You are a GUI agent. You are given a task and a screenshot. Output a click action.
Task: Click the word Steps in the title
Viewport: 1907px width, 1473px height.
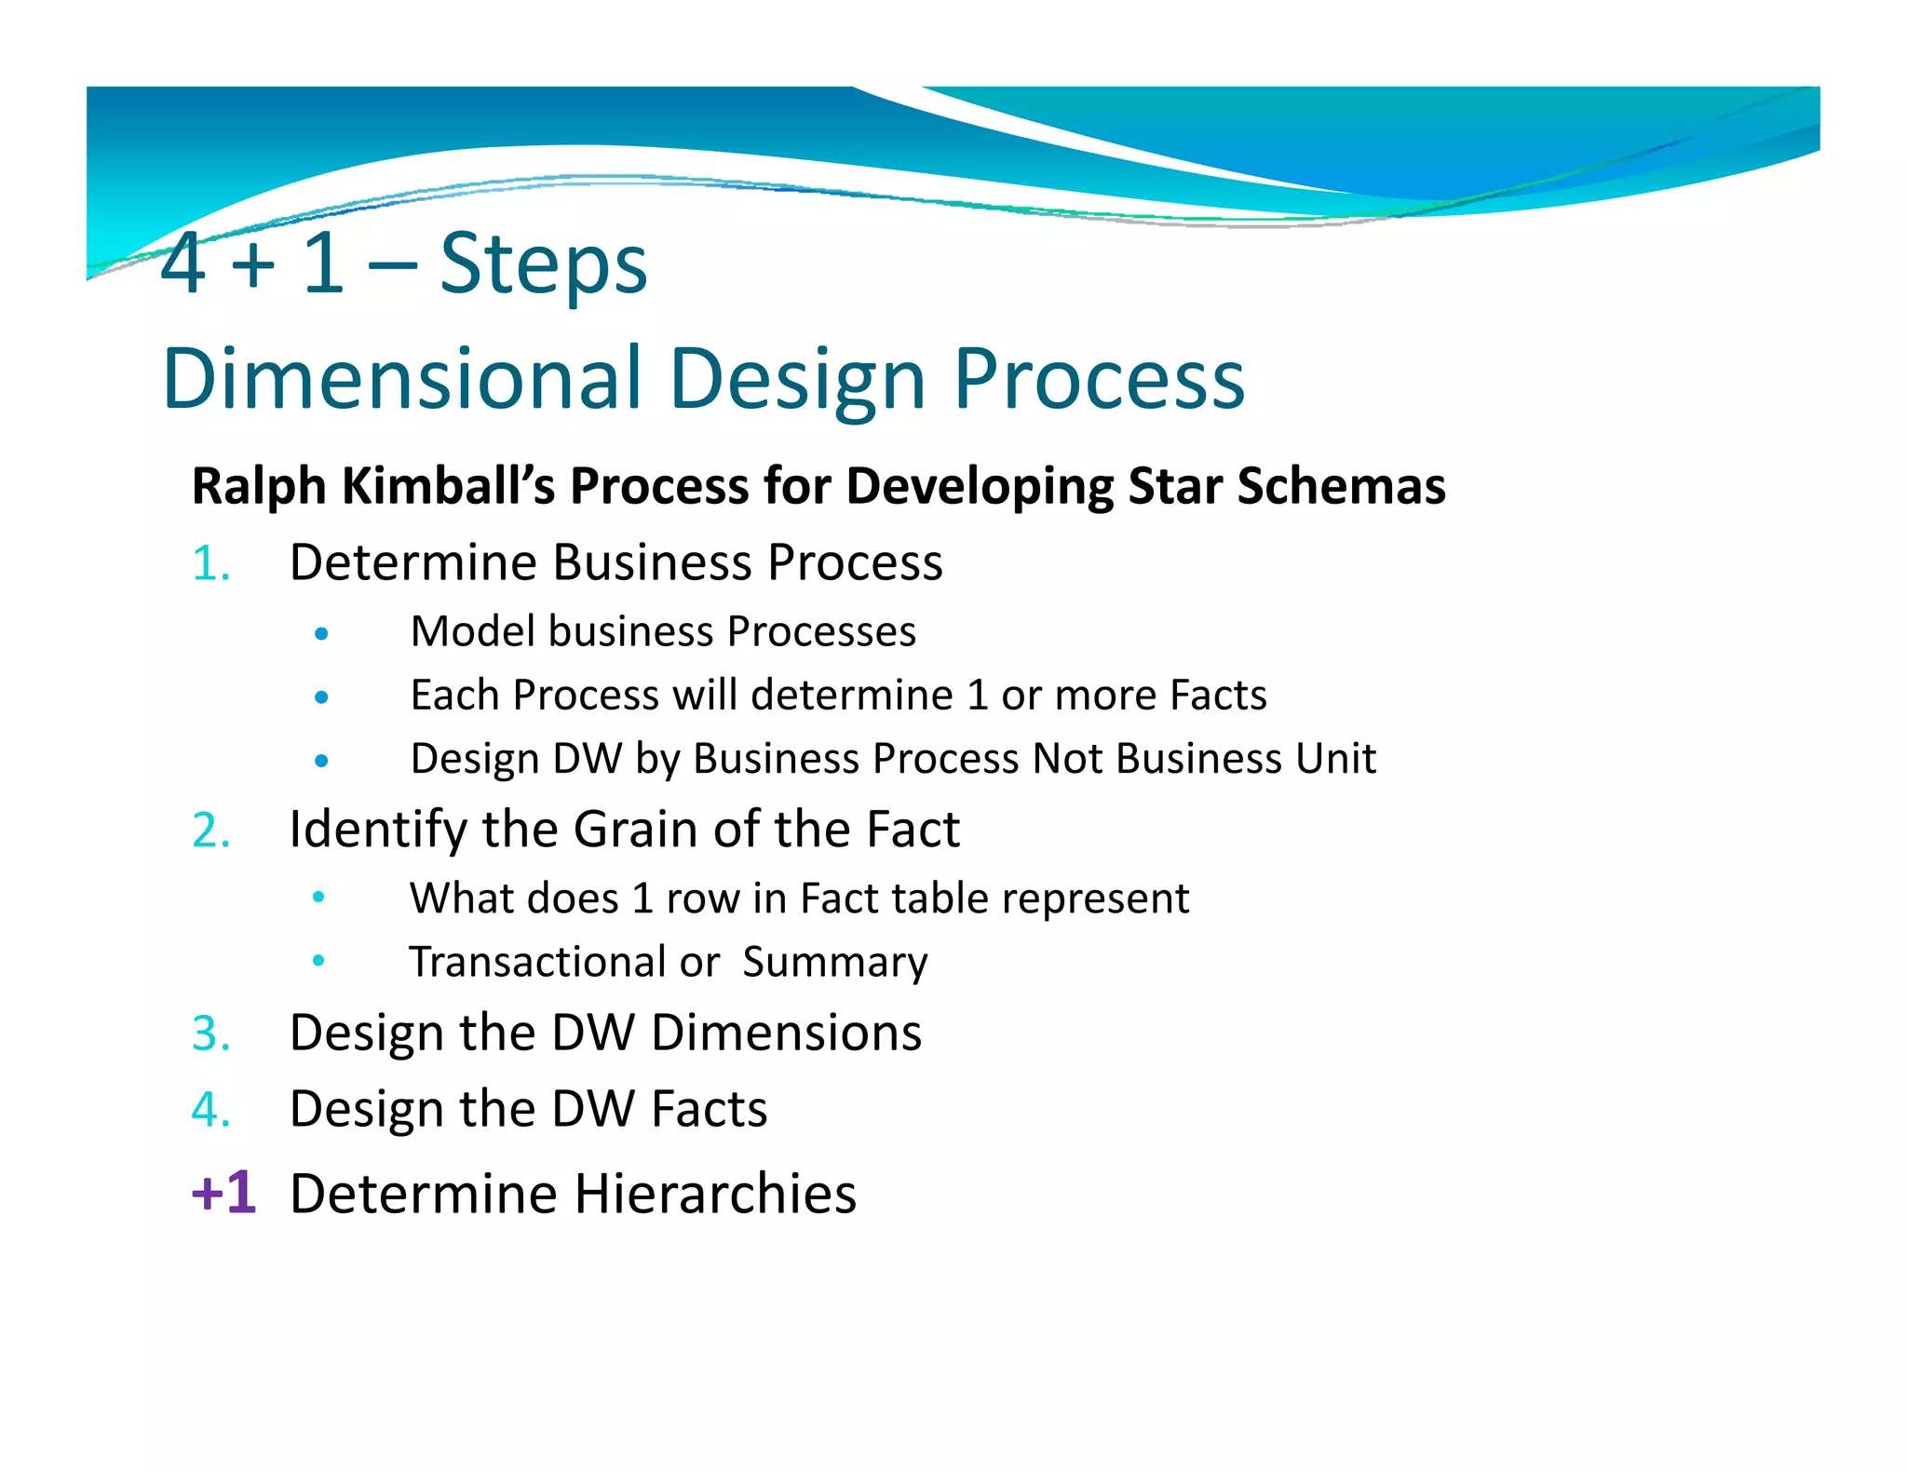tap(543, 265)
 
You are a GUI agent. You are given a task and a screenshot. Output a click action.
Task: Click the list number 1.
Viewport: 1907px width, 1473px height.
tap(210, 564)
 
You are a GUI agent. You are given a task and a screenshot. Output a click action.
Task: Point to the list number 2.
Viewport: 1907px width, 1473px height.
tap(210, 831)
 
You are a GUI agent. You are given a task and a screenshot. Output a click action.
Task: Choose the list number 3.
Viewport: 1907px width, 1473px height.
tap(210, 1034)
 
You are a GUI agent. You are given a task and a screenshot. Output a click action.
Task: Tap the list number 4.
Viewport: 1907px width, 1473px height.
tap(210, 1110)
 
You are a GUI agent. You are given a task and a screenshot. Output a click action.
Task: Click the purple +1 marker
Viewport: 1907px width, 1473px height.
tap(223, 1193)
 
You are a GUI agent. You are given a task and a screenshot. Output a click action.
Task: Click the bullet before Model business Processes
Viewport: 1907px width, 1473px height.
tap(321, 634)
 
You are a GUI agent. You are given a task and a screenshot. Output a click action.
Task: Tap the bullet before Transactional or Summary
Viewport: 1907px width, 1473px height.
tap(318, 960)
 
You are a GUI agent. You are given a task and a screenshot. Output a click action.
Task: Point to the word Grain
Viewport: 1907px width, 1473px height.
tap(636, 830)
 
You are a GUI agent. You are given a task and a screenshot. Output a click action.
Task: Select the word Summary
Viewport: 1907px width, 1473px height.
tap(834, 963)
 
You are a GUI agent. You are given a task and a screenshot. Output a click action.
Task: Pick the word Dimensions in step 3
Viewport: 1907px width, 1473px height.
tap(786, 1034)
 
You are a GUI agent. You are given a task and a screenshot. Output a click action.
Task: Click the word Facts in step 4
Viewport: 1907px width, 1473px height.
tap(709, 1110)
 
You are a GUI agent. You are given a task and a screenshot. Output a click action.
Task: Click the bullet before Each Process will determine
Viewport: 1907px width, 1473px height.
tap(321, 696)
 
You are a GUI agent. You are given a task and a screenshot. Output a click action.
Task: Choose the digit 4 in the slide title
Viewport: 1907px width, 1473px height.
tap(183, 264)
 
